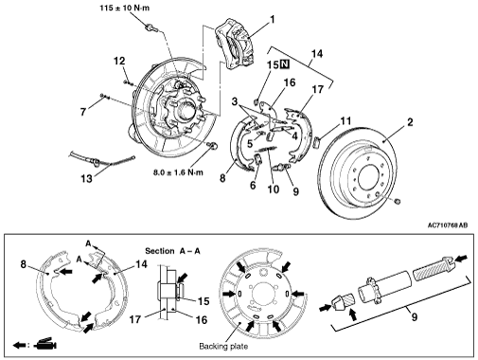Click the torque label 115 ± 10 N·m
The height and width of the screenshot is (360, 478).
point(125,8)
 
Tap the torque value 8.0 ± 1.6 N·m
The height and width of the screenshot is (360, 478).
point(178,172)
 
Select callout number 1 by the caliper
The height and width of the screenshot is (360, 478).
point(273,20)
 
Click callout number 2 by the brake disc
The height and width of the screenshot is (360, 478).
point(410,122)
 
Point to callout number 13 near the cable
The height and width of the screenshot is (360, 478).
point(86,179)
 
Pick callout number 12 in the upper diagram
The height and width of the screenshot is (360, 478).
point(119,61)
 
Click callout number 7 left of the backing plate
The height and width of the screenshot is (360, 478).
point(83,112)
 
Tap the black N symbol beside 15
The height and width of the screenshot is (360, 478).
point(284,64)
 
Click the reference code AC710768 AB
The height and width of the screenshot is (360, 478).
point(448,225)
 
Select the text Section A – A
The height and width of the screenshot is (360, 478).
point(172,251)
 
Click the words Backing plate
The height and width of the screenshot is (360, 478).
point(223,347)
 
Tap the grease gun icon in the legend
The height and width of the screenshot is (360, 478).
point(46,344)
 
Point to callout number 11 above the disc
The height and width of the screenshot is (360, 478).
point(345,120)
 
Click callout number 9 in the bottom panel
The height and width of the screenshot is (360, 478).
point(415,316)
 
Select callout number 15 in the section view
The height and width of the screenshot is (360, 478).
point(204,301)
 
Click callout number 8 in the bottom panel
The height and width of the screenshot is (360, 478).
point(23,264)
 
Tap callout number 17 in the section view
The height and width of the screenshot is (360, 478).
point(135,319)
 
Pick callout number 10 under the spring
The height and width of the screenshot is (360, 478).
point(274,189)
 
